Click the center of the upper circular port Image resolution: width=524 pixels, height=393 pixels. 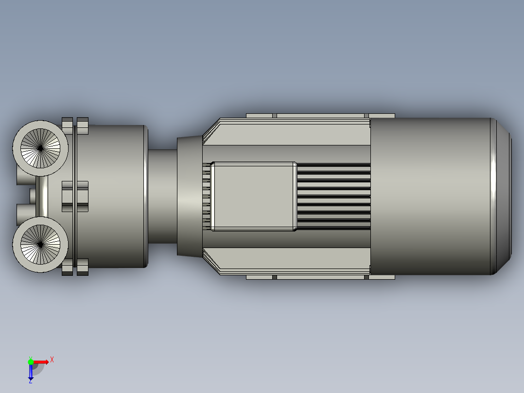click(x=40, y=148)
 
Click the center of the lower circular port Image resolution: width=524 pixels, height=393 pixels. click(x=40, y=245)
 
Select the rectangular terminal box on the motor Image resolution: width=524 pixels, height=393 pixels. click(x=254, y=196)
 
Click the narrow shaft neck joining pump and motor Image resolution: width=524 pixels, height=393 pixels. click(x=162, y=196)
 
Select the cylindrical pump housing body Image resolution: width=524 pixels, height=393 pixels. click(x=117, y=196)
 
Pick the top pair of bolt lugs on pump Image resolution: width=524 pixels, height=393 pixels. click(x=75, y=126)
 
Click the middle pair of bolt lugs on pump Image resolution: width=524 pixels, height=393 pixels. click(x=75, y=196)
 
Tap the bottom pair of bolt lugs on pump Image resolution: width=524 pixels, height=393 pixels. click(x=75, y=267)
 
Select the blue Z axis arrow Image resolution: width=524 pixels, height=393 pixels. click(x=31, y=372)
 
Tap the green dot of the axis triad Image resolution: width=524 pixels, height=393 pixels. click(x=31, y=361)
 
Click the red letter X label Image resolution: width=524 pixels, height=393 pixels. click(x=52, y=360)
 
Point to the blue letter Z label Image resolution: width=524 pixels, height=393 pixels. click(x=30, y=381)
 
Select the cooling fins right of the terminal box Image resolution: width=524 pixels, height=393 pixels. click(x=333, y=196)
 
